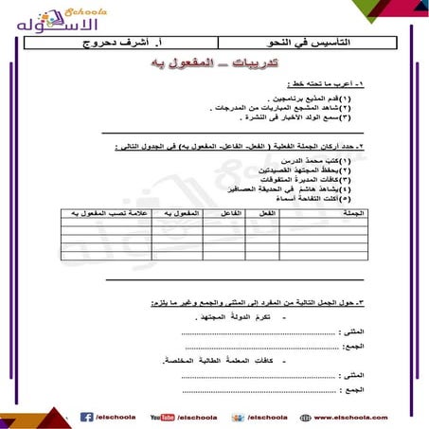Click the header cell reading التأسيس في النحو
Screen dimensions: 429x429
tap(313, 44)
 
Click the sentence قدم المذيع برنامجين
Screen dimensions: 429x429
tap(331, 98)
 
